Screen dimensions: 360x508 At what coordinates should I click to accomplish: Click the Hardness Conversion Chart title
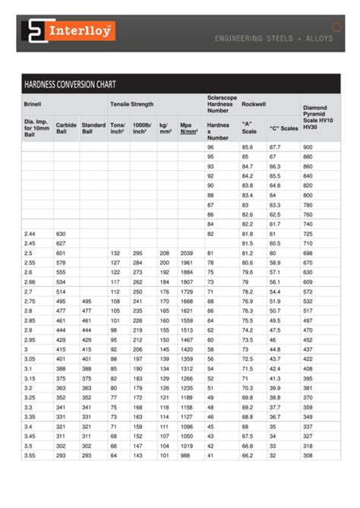click(x=69, y=84)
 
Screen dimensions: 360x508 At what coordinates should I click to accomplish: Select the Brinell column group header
click(x=33, y=103)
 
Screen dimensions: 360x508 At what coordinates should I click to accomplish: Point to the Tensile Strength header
click(x=132, y=103)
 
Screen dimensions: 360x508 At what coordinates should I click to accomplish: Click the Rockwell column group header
click(x=254, y=103)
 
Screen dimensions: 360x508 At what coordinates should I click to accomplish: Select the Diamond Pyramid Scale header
click(x=319, y=117)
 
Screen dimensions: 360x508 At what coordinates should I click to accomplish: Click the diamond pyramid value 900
click(x=308, y=147)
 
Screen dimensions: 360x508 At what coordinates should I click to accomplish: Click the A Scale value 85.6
click(x=248, y=147)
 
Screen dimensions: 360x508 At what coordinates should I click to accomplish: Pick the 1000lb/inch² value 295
click(x=138, y=252)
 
